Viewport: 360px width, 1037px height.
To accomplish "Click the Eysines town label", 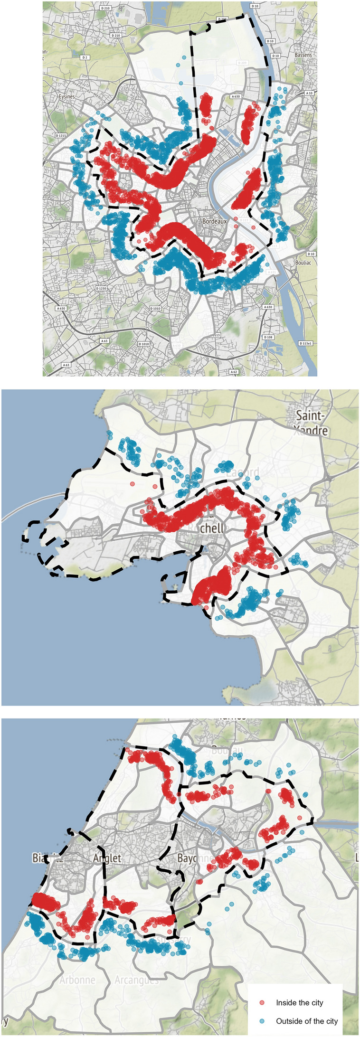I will (66, 96).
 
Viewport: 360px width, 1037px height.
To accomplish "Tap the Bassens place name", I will (303, 55).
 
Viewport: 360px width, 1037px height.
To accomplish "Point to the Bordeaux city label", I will (215, 221).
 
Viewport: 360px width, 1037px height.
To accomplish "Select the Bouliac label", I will (303, 262).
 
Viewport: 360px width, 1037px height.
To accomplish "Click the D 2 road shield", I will (85, 57).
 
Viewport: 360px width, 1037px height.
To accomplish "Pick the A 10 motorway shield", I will (309, 93).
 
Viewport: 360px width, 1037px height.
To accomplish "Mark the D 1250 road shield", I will (101, 288).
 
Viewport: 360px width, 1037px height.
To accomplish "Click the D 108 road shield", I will (268, 337).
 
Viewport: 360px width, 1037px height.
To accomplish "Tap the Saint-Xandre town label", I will (312, 423).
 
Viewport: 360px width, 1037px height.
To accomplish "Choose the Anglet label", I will (107, 858).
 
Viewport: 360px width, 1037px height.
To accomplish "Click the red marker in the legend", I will (262, 1002).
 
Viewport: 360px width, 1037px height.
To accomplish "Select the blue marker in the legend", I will (262, 1020).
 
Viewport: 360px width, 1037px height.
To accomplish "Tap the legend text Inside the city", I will (299, 1002).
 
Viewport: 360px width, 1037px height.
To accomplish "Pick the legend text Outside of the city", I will (306, 1020).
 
